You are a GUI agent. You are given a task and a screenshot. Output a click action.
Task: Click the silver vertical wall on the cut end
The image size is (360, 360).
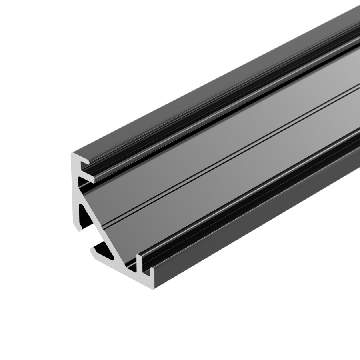(75, 188)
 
